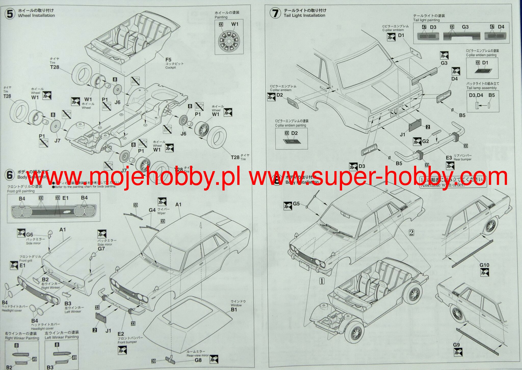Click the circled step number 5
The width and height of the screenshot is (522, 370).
[x=10, y=14]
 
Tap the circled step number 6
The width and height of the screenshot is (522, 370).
[x=10, y=175]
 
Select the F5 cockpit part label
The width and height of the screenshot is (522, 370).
[x=168, y=60]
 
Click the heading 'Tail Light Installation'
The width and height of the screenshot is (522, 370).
[x=304, y=15]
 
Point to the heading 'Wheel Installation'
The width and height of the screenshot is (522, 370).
[x=36, y=15]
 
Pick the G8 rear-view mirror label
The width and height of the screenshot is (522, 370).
[x=198, y=360]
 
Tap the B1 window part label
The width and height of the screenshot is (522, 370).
[x=234, y=309]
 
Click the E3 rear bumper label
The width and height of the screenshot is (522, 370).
[x=449, y=158]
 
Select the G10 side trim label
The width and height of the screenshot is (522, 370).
[x=484, y=265]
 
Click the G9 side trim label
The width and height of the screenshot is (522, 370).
[x=456, y=345]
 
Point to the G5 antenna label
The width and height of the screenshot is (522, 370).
[x=296, y=204]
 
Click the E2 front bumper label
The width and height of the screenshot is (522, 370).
[x=121, y=334]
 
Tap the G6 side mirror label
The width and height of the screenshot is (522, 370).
[x=30, y=234]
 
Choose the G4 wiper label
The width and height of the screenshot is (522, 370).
[x=152, y=210]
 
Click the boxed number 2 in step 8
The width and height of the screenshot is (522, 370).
[x=411, y=232]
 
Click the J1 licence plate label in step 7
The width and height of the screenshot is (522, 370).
[x=402, y=134]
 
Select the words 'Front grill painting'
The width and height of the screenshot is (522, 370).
[x=21, y=191]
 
